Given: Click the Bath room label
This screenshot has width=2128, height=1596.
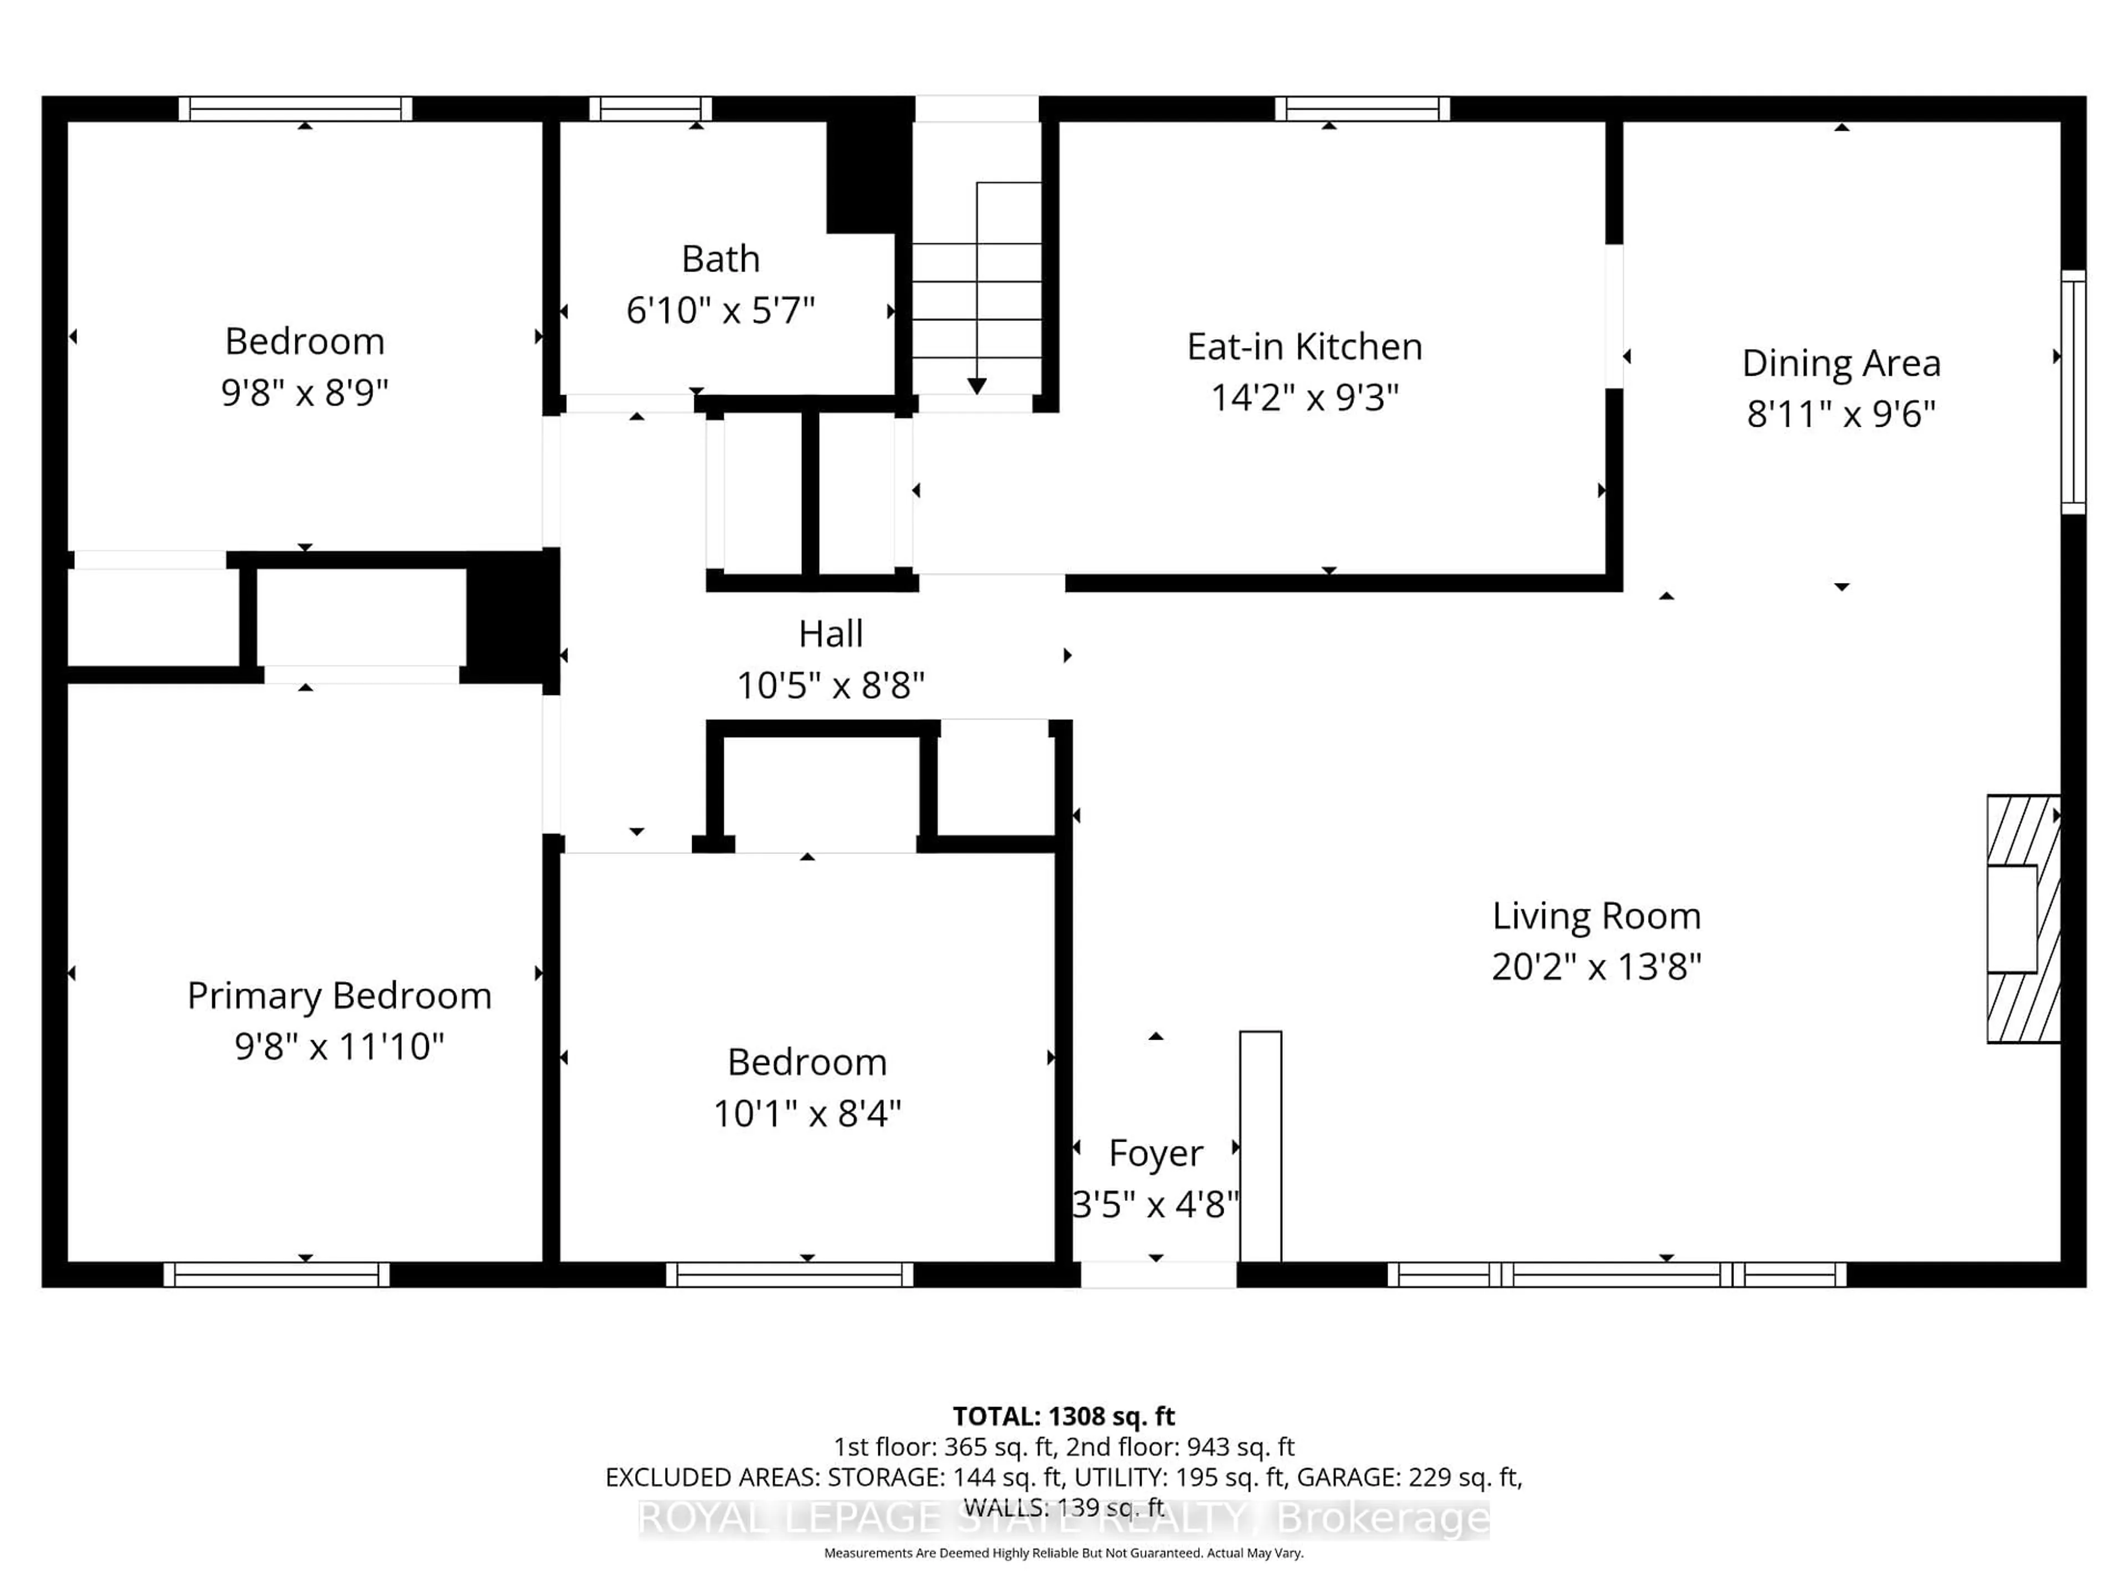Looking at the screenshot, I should tap(720, 259).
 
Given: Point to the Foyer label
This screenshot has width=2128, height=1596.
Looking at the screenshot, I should tap(1155, 1153).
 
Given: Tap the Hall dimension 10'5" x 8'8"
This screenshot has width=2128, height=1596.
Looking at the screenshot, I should tap(830, 686).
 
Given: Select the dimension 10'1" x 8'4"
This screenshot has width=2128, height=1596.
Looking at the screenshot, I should tap(806, 1114).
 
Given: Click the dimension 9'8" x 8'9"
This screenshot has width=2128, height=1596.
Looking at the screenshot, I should tap(304, 392).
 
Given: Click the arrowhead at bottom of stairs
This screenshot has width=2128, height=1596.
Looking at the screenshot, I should tap(976, 387).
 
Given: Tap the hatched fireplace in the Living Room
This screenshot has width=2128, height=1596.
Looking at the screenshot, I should tap(2023, 919).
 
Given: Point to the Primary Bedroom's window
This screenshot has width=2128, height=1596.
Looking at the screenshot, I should tap(276, 1275).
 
